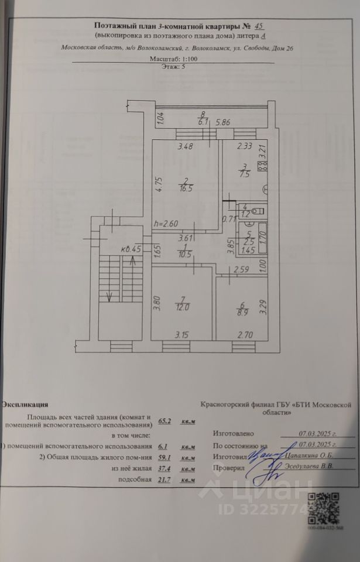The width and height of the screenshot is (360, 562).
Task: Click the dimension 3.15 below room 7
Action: point(186,335)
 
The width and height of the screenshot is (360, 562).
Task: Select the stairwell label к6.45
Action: point(133,248)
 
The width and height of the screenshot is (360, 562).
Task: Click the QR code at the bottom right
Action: point(324,509)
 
